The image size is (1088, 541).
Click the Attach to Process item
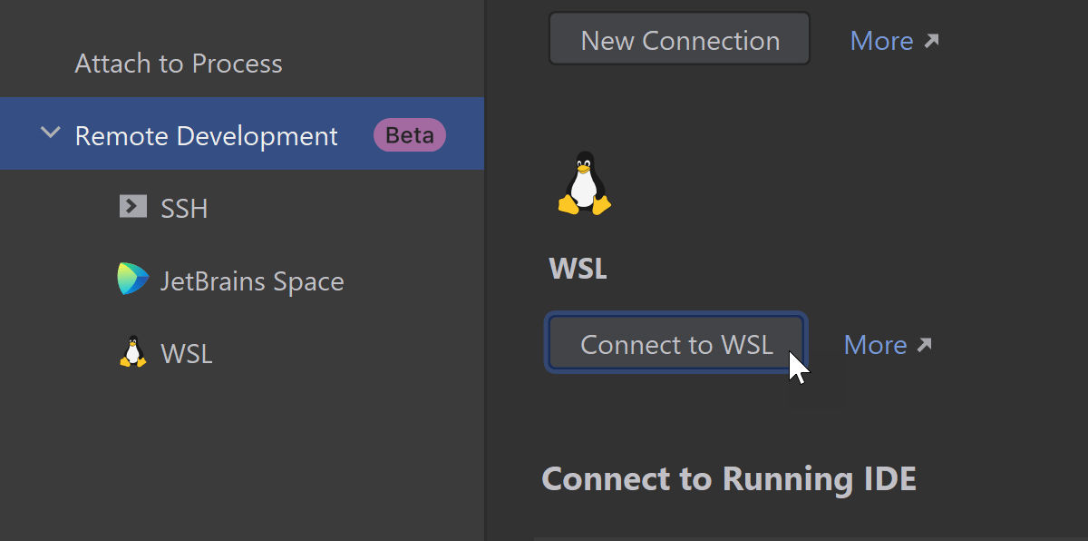tap(179, 64)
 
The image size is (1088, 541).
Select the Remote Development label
tap(206, 136)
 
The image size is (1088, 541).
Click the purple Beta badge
tap(410, 135)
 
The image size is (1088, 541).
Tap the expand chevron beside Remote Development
tap(51, 134)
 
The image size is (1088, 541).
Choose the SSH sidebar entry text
tap(184, 209)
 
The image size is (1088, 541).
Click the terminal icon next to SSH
tap(132, 207)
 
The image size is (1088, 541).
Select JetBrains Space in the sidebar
tap(252, 281)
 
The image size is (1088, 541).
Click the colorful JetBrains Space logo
tap(132, 280)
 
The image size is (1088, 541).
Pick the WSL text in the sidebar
tap(187, 354)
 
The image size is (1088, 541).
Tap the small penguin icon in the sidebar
tap(132, 352)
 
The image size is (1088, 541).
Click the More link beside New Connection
tap(881, 41)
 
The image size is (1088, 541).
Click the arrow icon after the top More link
tap(931, 41)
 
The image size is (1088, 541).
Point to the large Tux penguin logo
tap(585, 183)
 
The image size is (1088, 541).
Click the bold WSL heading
tap(578, 269)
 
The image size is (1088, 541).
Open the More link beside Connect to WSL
tap(875, 345)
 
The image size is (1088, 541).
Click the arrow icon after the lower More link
tap(925, 345)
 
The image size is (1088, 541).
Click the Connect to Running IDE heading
tap(729, 478)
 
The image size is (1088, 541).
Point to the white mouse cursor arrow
tap(797, 368)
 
